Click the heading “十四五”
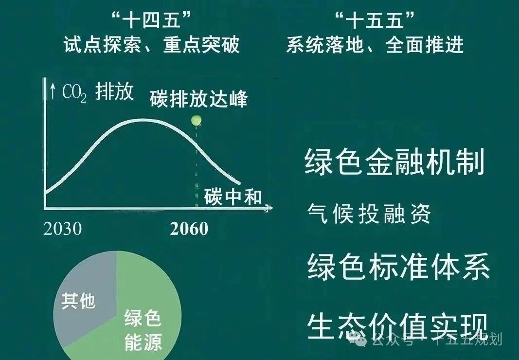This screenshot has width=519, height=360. [152, 20]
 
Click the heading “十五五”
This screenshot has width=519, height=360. [375, 20]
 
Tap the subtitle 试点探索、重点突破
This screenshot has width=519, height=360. [152, 45]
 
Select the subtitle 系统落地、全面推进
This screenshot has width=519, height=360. [375, 45]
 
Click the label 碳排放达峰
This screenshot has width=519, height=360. [198, 98]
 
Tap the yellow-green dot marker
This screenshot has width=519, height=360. [197, 120]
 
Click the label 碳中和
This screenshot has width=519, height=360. [233, 197]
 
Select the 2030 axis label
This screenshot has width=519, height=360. [63, 229]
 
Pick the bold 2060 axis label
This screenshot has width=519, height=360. [189, 229]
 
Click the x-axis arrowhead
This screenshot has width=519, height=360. [269, 208]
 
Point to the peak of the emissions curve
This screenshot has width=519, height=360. [143, 120]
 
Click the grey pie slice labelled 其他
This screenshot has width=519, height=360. [85, 298]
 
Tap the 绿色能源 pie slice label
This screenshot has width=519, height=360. [143, 329]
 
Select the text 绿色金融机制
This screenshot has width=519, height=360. [394, 162]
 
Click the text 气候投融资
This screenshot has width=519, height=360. [369, 214]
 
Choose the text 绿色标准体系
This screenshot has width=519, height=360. [398, 267]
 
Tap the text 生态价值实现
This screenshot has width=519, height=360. [398, 326]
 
